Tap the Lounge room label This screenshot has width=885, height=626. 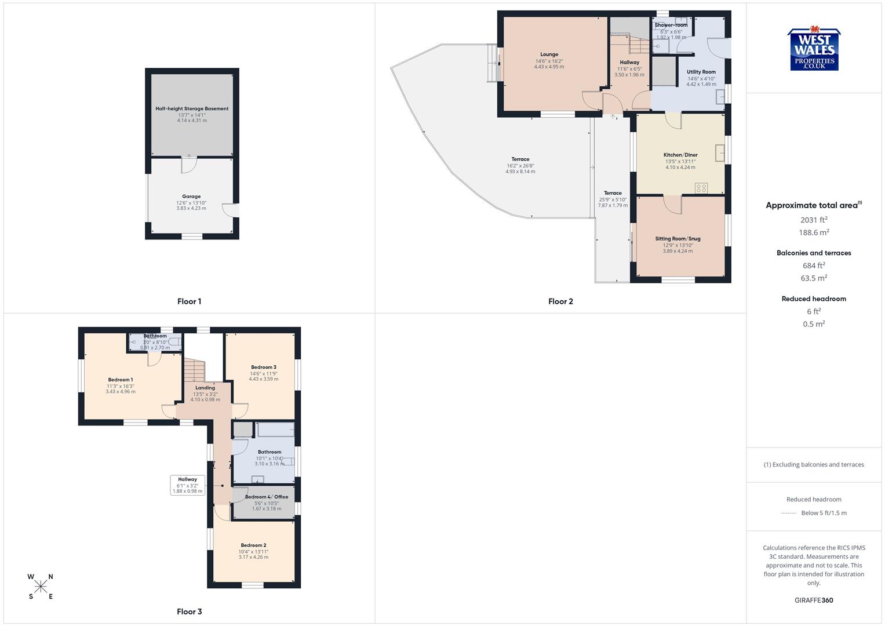[549, 54]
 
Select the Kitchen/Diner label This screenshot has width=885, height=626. [680, 155]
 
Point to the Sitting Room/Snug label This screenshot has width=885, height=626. [678, 238]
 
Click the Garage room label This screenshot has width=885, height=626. [191, 196]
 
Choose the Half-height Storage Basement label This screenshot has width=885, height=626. [192, 108]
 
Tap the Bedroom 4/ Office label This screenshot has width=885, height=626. [266, 497]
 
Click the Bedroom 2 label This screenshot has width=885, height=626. [253, 545]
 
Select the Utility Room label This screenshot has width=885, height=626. [701, 72]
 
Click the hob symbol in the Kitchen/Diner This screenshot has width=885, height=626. [701, 187]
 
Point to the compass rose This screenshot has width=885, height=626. [41, 587]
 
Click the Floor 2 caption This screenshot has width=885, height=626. [560, 301]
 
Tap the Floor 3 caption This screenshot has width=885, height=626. [190, 612]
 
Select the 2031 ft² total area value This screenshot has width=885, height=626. [814, 220]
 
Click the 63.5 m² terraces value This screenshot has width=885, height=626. [814, 278]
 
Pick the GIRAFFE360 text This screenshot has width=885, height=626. [814, 600]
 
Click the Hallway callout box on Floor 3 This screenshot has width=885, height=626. [187, 485]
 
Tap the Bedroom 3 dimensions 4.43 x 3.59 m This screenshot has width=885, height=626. [264, 379]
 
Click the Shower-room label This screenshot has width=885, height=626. [671, 25]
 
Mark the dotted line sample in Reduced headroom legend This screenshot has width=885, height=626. [789, 513]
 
